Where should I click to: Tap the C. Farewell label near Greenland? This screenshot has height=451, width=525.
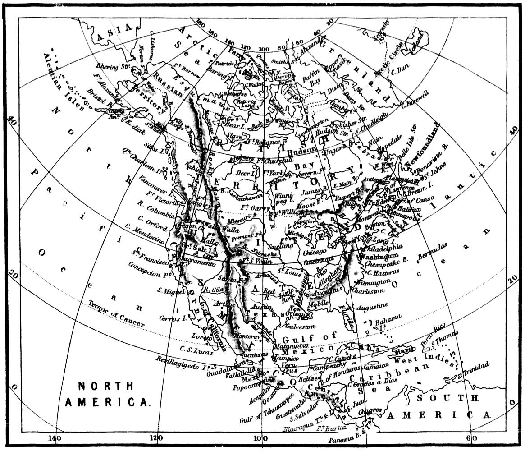point(417,98)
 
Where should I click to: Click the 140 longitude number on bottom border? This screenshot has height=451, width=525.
point(56,438)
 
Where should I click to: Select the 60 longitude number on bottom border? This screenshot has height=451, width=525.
point(471,438)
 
